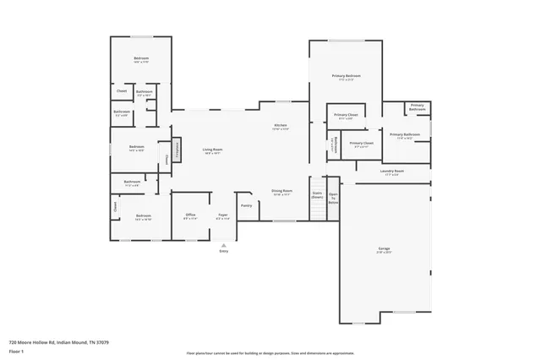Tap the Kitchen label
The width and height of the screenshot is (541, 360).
click(281, 126)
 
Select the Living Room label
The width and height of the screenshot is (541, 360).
click(211, 150)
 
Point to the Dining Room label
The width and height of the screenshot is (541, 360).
click(281, 191)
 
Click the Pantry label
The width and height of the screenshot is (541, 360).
click(246, 205)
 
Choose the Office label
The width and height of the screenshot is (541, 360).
click(190, 215)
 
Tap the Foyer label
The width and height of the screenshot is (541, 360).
click(223, 215)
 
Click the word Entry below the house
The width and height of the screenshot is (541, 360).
click(223, 251)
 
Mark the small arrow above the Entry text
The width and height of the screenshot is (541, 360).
click(223, 243)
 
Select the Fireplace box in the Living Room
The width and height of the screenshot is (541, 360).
click(178, 147)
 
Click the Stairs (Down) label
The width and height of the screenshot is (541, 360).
click(317, 194)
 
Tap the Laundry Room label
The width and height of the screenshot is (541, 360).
click(392, 172)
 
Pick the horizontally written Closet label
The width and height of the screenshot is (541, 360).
click(121, 90)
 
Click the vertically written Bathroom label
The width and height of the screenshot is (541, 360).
click(335, 145)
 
